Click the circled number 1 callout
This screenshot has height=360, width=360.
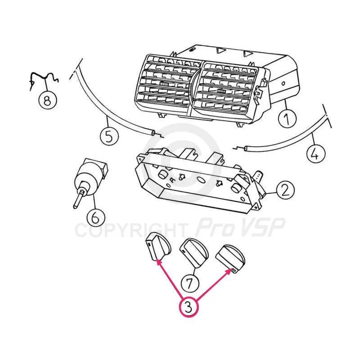pyautogui.click(x=287, y=118)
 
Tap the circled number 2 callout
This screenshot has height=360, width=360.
pyautogui.click(x=285, y=190)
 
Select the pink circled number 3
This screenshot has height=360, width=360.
pyautogui.click(x=188, y=307)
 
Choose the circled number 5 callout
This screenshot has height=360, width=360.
pyautogui.click(x=109, y=136)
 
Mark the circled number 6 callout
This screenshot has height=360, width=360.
pyautogui.click(x=96, y=217)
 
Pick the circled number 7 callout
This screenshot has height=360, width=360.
pyautogui.click(x=189, y=283)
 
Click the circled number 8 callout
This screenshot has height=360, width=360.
pyautogui.click(x=48, y=100)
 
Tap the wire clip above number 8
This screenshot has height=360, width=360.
pyautogui.click(x=44, y=78)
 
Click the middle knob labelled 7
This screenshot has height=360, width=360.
pyautogui.click(x=194, y=252)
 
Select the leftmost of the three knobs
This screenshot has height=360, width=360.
pyautogui.click(x=158, y=249)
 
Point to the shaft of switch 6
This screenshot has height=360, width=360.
pyautogui.click(x=78, y=198)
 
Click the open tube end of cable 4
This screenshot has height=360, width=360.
pyautogui.click(x=246, y=148)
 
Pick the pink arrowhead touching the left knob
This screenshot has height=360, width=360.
pyautogui.click(x=159, y=262)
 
